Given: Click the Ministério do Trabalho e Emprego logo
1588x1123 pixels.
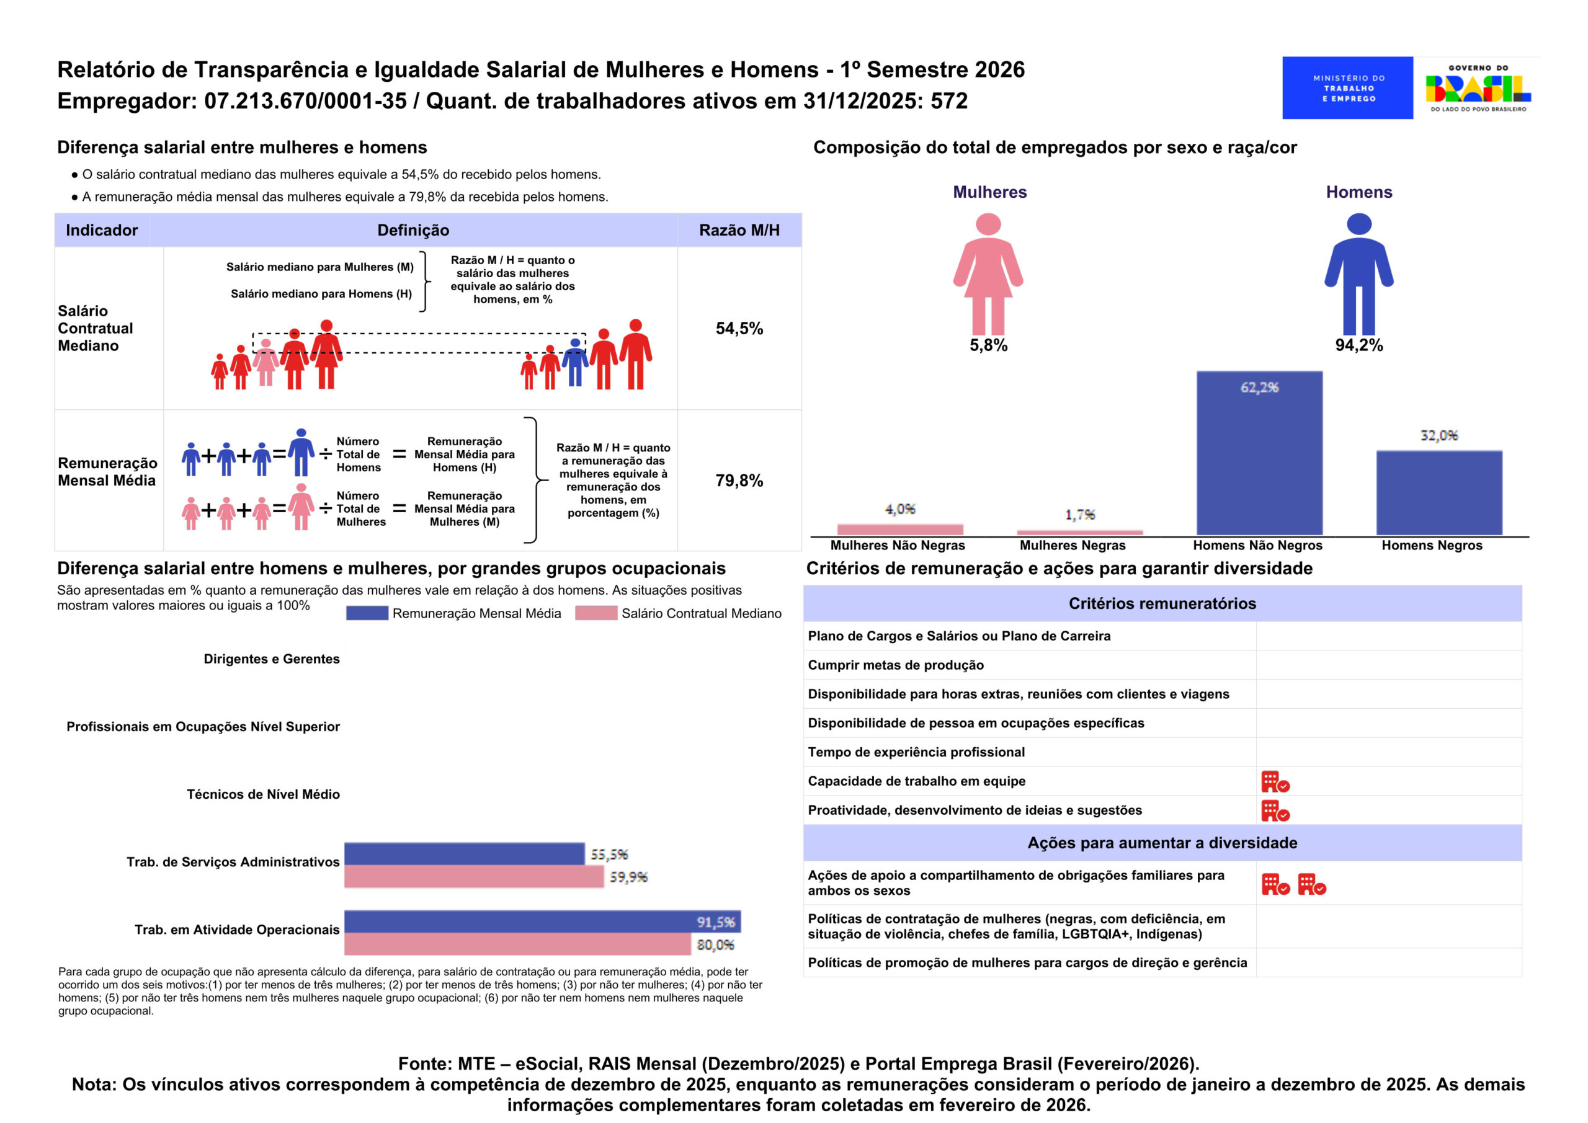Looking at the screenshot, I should (x=1347, y=88).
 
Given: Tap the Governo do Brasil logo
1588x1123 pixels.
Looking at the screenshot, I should (x=1478, y=88).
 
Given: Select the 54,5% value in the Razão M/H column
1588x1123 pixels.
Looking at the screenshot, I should (x=739, y=329).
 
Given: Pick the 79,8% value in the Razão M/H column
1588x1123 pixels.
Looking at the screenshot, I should (x=739, y=481).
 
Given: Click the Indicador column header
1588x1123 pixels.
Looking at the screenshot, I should (x=102, y=230).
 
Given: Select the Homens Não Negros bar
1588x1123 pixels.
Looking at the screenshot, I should (x=1259, y=453).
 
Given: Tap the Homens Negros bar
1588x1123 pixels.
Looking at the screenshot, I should (x=1439, y=492).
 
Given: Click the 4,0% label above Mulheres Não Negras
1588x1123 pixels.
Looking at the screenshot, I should (x=900, y=510).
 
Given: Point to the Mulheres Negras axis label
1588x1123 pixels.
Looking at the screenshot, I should (x=1072, y=546).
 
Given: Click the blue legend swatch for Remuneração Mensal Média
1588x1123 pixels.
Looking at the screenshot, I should (x=367, y=613).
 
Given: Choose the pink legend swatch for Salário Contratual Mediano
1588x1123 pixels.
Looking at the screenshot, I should (x=595, y=613).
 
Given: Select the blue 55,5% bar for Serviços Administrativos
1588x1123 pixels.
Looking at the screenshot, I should (x=464, y=854).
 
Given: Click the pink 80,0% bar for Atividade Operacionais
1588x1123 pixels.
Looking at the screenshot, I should (x=517, y=944).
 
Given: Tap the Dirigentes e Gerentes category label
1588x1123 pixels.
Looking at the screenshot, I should (x=271, y=659).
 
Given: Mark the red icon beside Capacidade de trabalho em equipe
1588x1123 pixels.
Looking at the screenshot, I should (x=1275, y=782).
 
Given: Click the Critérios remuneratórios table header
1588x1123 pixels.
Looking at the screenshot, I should (x=1162, y=604).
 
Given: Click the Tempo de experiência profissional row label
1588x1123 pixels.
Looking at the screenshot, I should (x=916, y=752).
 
